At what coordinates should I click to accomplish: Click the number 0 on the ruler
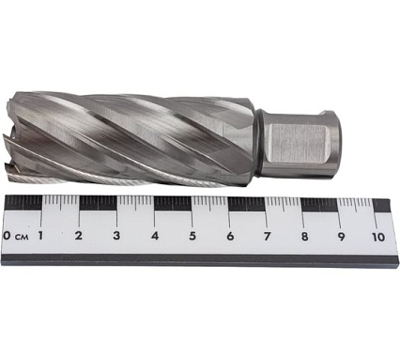pos(6,235)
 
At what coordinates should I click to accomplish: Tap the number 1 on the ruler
pos(40,235)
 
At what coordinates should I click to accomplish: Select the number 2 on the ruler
pos(79,235)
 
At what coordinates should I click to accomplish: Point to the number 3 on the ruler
pos(116,235)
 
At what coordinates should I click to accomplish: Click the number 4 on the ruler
pos(155,236)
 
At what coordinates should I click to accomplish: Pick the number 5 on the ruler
pos(192,236)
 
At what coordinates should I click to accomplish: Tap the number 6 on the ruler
pos(230,236)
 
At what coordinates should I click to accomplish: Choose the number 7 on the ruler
pos(267,236)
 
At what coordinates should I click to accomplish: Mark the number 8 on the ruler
pos(304,237)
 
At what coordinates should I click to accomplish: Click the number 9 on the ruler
pos(342,237)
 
